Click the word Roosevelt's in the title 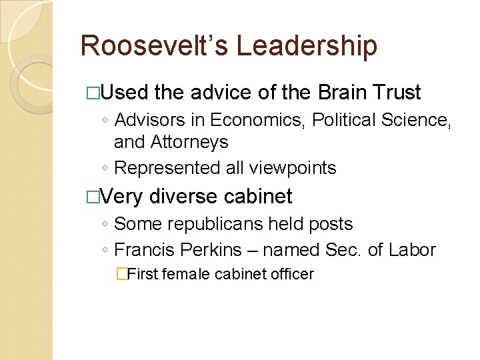click(x=154, y=46)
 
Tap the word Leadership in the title click(x=307, y=46)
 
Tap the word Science click(x=413, y=120)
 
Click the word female click(x=186, y=274)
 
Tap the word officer click(x=291, y=274)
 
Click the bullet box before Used click(x=93, y=93)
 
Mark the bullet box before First click(x=121, y=274)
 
